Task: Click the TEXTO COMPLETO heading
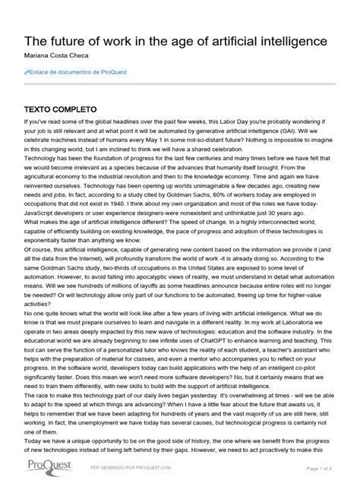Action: click(x=61, y=109)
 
